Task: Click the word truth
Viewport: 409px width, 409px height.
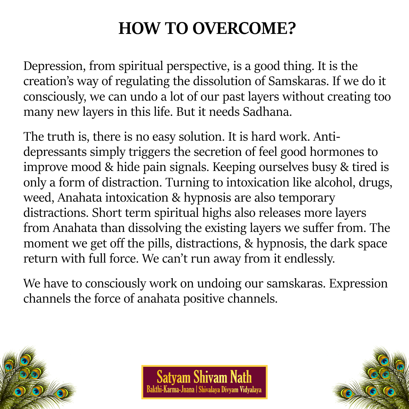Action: click(x=62, y=137)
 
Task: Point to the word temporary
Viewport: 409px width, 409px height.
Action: click(x=307, y=198)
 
